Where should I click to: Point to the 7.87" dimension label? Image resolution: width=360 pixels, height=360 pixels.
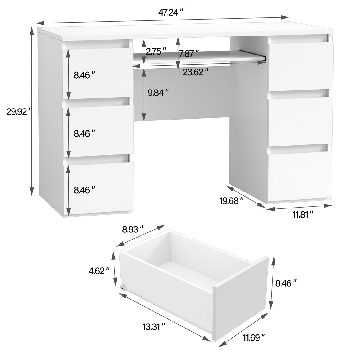click(189, 54)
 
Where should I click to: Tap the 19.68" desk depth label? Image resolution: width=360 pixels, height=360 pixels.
click(232, 201)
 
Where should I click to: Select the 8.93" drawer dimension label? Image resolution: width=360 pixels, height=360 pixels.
click(133, 229)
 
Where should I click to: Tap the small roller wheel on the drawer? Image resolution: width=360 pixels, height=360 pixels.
click(122, 288)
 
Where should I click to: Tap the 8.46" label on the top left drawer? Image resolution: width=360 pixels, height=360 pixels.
click(85, 75)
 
